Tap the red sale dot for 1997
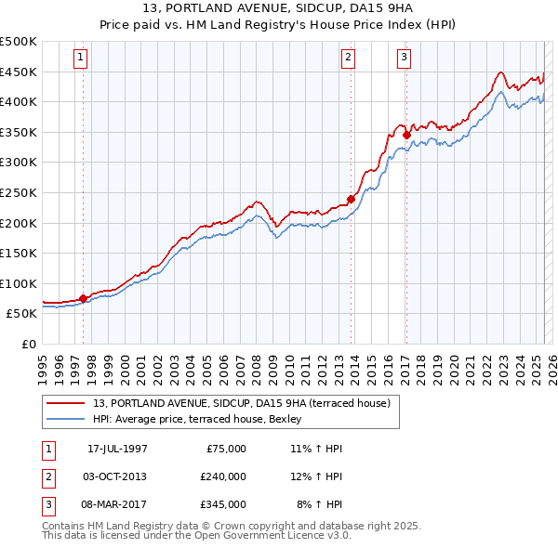point(84,298)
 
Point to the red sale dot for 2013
point(351,198)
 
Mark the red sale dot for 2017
point(406,135)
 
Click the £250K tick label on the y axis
point(19,192)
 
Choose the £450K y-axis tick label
point(19,72)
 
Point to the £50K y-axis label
point(22,314)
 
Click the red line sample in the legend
point(66,403)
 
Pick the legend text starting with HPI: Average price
point(204,419)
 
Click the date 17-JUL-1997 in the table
point(117,449)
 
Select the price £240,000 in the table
point(223,476)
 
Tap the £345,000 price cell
point(223,504)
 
